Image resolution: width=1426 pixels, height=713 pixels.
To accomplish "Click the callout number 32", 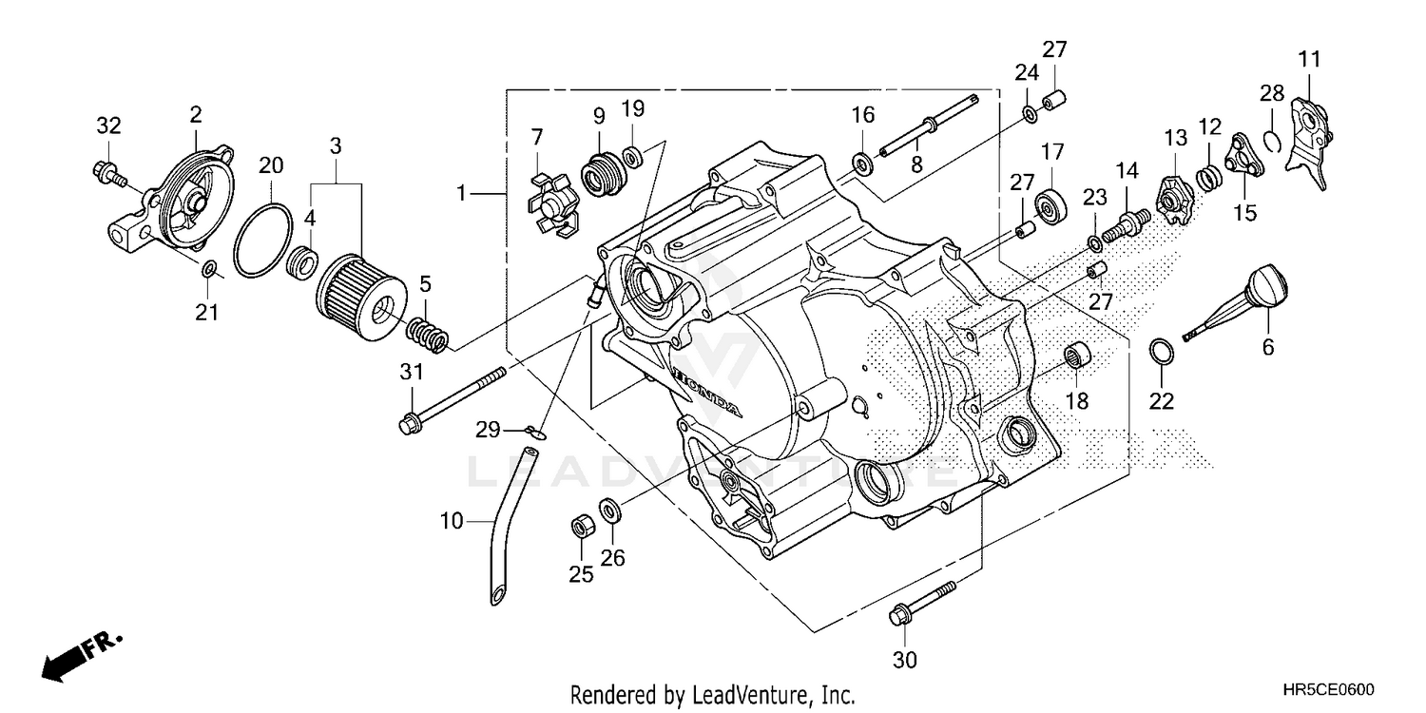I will pyautogui.click(x=109, y=125).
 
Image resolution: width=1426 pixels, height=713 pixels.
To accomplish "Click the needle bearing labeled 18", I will pyautogui.click(x=1077, y=360).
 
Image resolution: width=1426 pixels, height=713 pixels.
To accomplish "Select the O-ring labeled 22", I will pyautogui.click(x=1162, y=351).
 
